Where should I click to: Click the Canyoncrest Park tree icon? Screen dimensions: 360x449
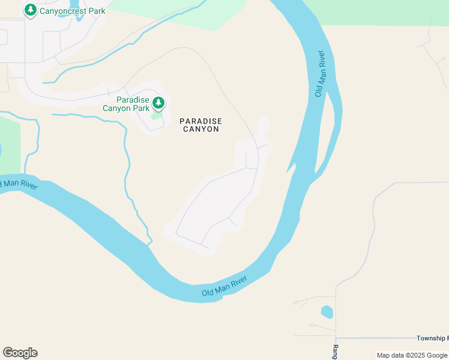coord(30,10)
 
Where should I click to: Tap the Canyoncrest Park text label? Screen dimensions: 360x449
coord(73,11)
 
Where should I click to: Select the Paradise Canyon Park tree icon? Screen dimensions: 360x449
coord(158,103)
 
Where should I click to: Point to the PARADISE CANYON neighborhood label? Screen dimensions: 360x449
coord(200,125)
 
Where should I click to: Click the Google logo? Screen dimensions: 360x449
coord(20,353)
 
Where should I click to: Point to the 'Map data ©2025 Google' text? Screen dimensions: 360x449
coord(412,356)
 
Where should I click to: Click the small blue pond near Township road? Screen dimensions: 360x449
coord(327,312)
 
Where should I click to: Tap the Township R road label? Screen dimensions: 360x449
coord(432,338)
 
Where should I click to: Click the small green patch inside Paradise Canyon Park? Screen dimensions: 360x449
coord(156,115)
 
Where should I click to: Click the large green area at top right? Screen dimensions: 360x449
coord(384,12)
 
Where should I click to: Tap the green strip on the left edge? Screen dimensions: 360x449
coord(10,144)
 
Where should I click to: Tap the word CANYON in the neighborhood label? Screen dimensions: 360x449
coord(200,129)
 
